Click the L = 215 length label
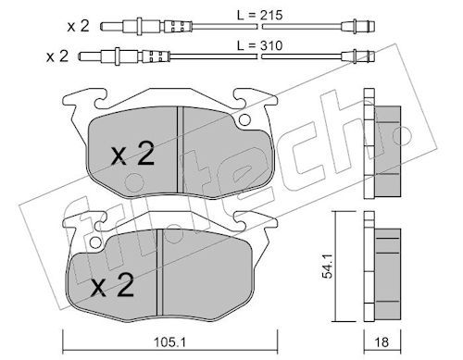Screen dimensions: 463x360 pyautogui.click(x=259, y=15)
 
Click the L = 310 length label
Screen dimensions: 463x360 pyautogui.click(x=259, y=45)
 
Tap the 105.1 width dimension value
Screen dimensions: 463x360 pyautogui.click(x=169, y=341)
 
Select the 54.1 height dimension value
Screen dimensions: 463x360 pyautogui.click(x=327, y=267)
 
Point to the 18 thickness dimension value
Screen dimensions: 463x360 pyautogui.click(x=382, y=342)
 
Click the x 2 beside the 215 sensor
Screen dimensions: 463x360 pyautogui.click(x=79, y=26)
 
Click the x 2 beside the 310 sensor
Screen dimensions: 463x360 pyautogui.click(x=57, y=56)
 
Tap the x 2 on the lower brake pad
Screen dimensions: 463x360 pyautogui.click(x=113, y=285)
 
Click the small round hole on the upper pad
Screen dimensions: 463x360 pyautogui.click(x=244, y=119)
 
